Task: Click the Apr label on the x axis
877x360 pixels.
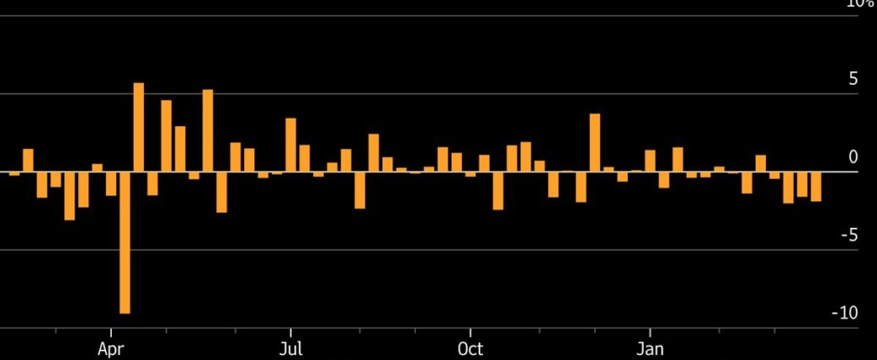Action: coord(111,349)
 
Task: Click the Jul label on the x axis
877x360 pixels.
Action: coord(291,349)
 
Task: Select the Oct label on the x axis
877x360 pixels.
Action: coord(470,349)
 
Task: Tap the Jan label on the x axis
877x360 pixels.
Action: coord(650,349)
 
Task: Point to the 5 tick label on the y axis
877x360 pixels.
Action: coord(852,79)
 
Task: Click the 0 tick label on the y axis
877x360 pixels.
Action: coord(853,157)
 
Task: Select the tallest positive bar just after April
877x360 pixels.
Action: coord(139,127)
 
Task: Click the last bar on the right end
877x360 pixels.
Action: coord(816,186)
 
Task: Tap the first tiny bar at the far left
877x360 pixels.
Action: coord(14,174)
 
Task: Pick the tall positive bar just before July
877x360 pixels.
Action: coord(291,145)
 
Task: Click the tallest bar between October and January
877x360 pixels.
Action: coord(595,142)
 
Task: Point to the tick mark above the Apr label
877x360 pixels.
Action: coord(111,332)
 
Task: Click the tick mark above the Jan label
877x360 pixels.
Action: coord(650,332)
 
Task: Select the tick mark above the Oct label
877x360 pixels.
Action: coord(470,332)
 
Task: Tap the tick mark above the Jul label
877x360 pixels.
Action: coord(291,332)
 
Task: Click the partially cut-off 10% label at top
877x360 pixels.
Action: coord(860,3)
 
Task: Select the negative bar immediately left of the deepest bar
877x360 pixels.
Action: coord(111,184)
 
